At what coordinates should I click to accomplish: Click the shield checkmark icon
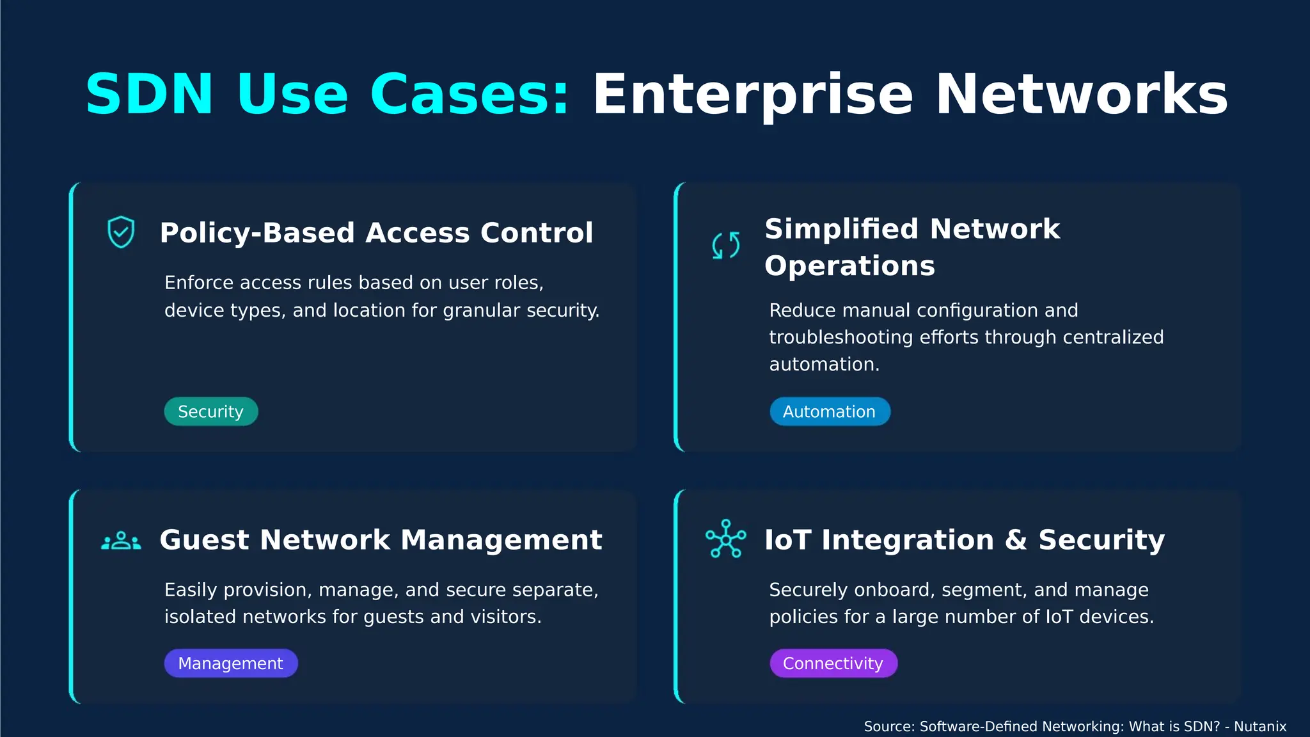[x=121, y=232]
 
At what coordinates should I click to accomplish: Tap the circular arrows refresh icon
[x=726, y=246]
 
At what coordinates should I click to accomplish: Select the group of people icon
[x=121, y=541]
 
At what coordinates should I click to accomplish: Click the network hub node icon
[x=726, y=539]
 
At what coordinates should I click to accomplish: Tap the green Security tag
[x=211, y=411]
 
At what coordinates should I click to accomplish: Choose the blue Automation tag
[x=830, y=411]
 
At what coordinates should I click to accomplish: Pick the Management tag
[x=231, y=663]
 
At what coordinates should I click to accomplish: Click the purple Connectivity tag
[x=833, y=663]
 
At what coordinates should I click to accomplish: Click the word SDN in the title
[x=150, y=94]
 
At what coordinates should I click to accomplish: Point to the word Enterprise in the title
[x=753, y=95]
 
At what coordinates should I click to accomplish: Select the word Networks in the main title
[x=1082, y=94]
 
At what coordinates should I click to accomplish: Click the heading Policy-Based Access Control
[x=377, y=233]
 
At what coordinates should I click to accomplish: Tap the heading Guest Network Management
[x=381, y=540]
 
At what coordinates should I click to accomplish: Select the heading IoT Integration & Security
[x=965, y=540]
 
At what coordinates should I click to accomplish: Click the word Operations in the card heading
[x=849, y=266]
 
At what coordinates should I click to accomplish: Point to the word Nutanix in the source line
[x=1259, y=727]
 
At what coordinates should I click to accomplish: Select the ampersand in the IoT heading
[x=1016, y=540]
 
